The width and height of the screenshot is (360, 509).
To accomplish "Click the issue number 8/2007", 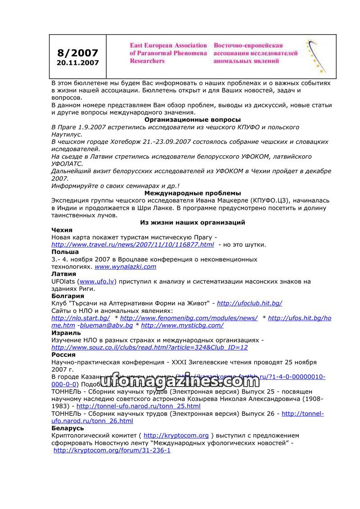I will pyautogui.click(x=78, y=53).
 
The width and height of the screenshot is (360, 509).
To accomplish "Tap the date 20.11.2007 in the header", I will pyautogui.click(x=78, y=63).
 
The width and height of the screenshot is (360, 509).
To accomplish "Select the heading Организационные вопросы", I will pyautogui.click(x=192, y=120).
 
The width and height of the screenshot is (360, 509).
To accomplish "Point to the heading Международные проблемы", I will pyautogui.click(x=192, y=193).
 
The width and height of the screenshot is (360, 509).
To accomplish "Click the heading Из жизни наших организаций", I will pyautogui.click(x=192, y=222).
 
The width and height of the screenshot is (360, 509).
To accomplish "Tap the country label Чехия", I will pyautogui.click(x=62, y=230).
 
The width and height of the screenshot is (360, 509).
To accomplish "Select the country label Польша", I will pyautogui.click(x=65, y=252).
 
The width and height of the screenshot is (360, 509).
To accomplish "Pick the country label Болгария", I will pyautogui.click(x=67, y=296).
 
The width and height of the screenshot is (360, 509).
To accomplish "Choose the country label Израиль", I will pyautogui.click(x=66, y=333).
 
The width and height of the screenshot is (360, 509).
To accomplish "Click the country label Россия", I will pyautogui.click(x=63, y=355).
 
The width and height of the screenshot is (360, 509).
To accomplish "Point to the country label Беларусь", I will pyautogui.click(x=67, y=428).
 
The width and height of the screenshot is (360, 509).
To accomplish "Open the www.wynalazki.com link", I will pyautogui.click(x=125, y=266).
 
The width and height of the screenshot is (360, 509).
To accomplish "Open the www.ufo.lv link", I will pyautogui.click(x=97, y=281).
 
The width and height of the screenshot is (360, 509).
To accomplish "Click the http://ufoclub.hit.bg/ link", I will pyautogui.click(x=249, y=303).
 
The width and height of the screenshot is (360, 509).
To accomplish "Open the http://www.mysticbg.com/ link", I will pyautogui.click(x=182, y=325).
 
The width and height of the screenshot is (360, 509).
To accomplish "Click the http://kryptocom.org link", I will pyautogui.click(x=176, y=436).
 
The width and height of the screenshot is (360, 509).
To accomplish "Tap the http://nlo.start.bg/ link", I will pyautogui.click(x=81, y=318).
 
